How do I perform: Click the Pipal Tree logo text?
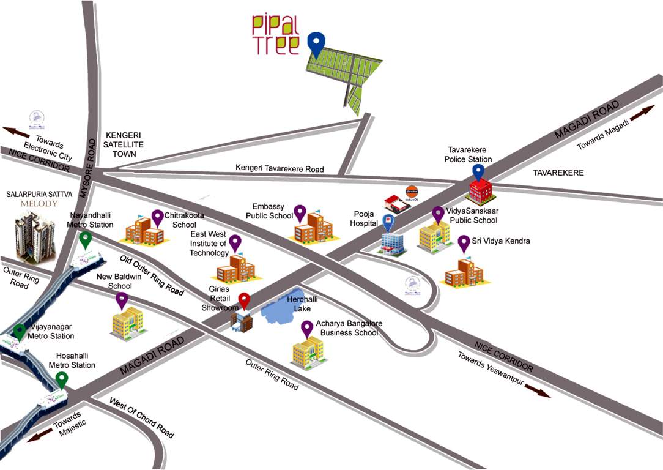275,35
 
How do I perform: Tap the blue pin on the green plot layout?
316,43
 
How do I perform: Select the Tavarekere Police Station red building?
480,192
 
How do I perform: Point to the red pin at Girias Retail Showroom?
245,301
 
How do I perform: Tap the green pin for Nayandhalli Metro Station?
86,239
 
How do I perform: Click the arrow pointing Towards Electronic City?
15,132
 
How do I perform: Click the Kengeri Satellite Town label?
128,144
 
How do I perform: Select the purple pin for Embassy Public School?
299,213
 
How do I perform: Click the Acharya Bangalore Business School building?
308,352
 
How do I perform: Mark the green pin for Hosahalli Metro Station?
61,380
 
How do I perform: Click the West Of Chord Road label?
141,417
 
